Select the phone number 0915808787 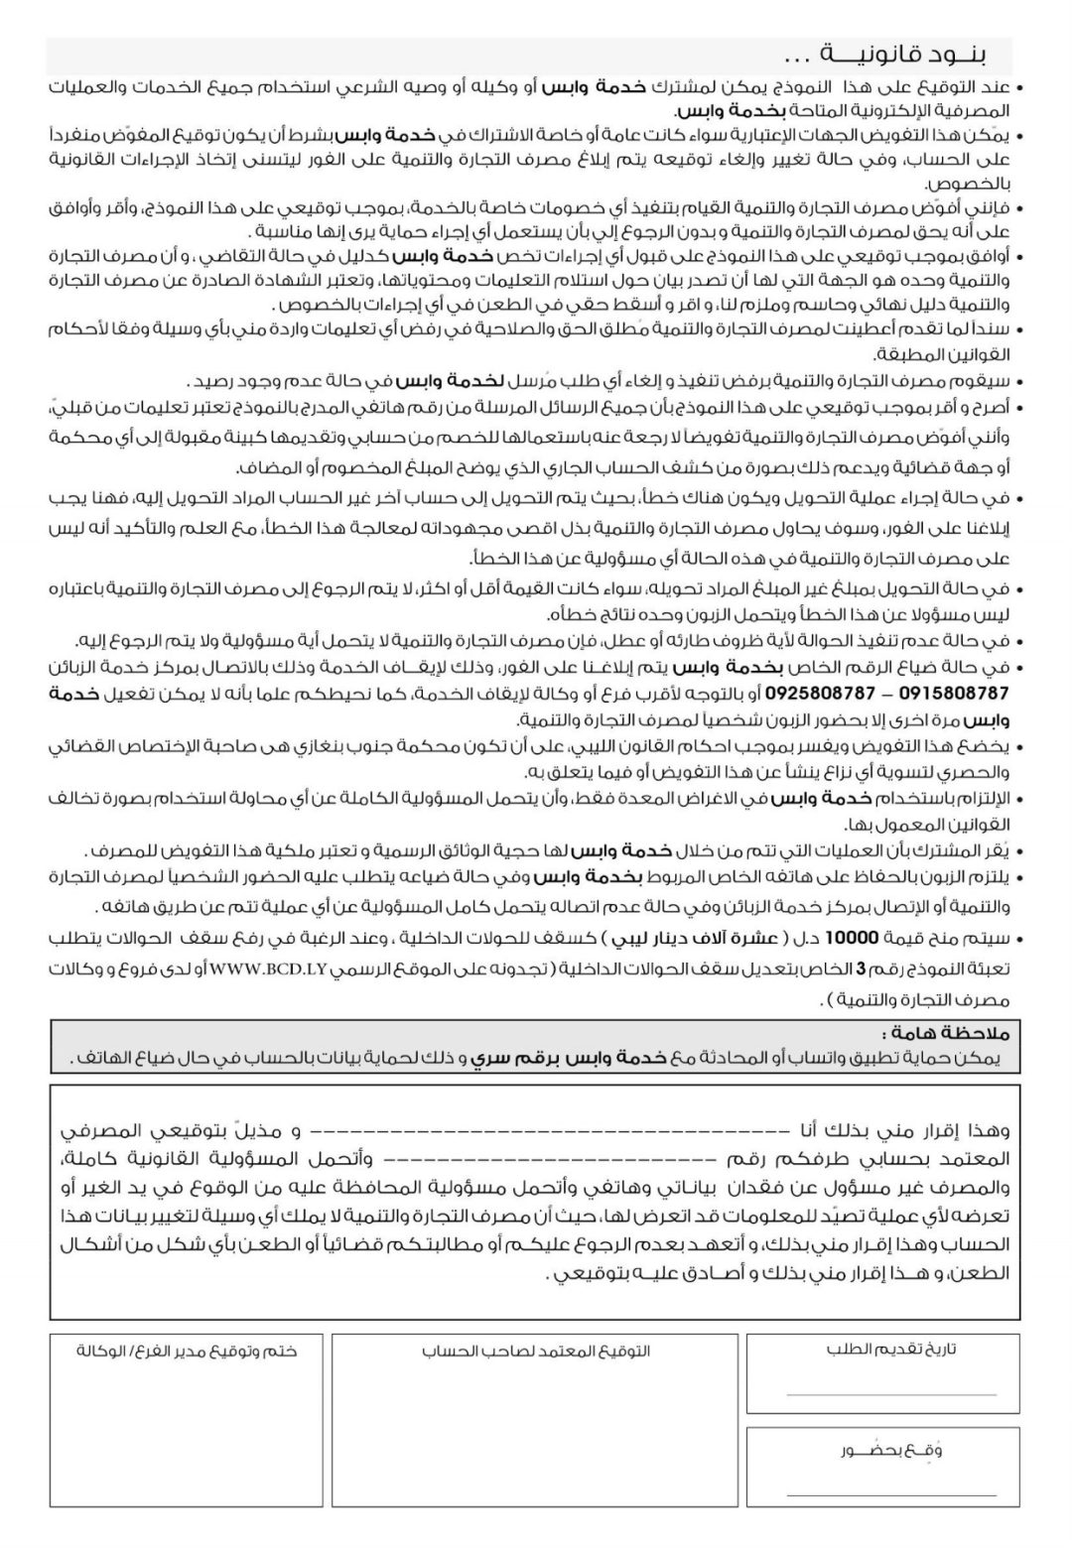tap(949, 693)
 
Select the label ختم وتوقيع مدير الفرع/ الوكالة tap(188, 1351)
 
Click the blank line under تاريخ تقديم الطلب tap(890, 1393)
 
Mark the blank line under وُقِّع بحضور tap(890, 1493)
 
